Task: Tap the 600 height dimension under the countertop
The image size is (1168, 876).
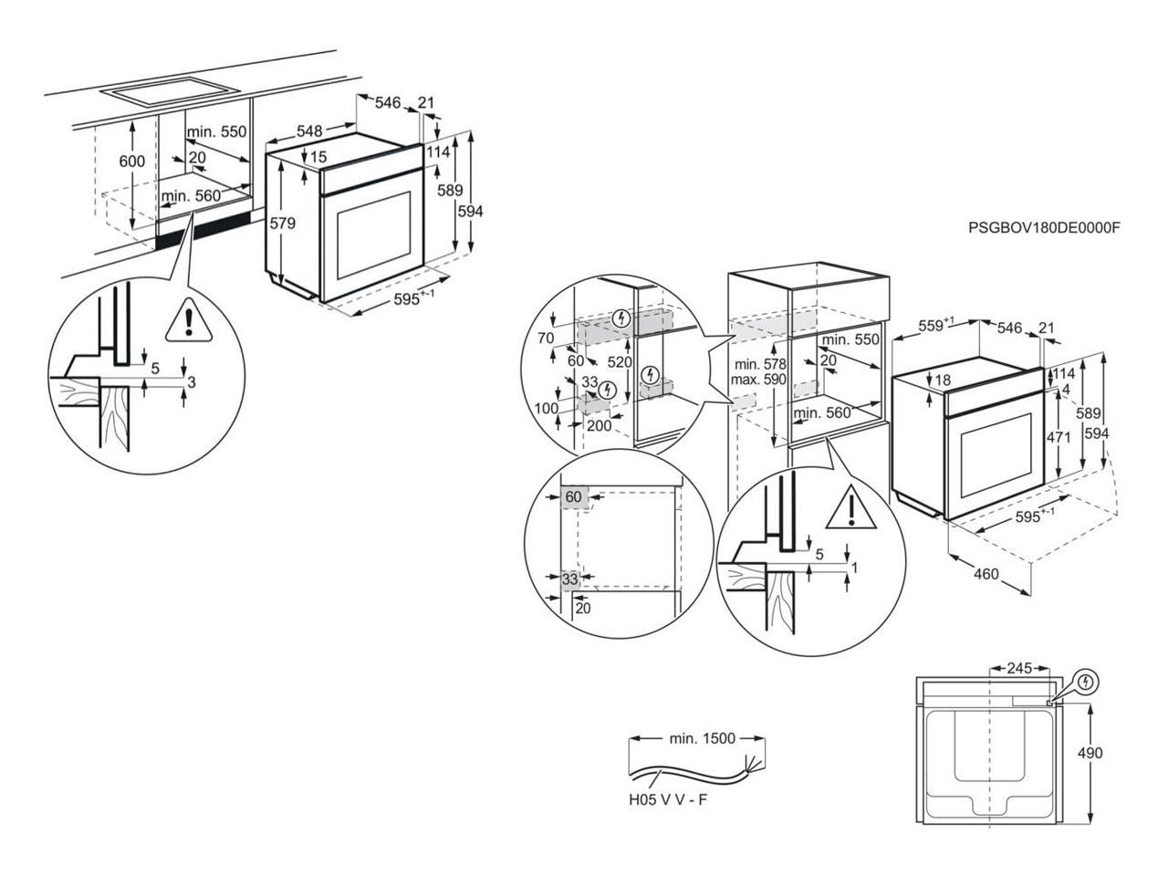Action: pos(131,161)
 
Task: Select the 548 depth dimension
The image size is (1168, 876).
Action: pos(309,130)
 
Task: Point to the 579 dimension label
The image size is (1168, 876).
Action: pos(282,224)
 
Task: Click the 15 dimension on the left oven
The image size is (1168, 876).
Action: pos(318,157)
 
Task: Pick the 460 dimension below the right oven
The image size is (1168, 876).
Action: pos(986,574)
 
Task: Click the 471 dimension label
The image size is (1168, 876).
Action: pos(1058,438)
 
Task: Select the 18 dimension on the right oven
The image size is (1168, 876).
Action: pos(943,381)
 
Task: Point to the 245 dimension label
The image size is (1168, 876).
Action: pos(1019,668)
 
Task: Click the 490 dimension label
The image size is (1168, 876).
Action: pos(1090,753)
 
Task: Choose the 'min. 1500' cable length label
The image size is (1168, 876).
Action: pos(703,739)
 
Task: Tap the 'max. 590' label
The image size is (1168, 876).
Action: pos(758,381)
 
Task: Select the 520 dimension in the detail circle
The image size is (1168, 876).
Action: pos(620,362)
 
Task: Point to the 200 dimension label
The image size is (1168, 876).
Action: pos(600,425)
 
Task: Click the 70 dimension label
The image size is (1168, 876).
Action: pos(546,339)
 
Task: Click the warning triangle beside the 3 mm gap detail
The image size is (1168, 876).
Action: pos(188,320)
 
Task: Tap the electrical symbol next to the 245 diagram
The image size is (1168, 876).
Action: pos(1085,682)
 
